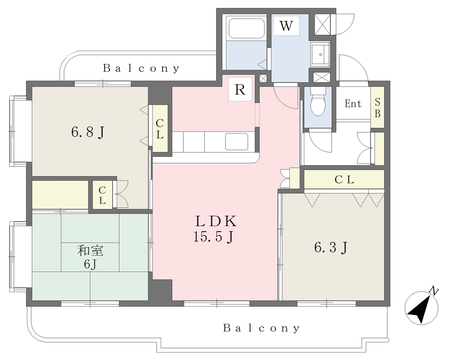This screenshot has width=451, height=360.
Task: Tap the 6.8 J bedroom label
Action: pos(88,132)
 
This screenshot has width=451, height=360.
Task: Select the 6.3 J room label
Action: pos(331,247)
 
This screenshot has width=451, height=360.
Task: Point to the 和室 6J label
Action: pos(90,257)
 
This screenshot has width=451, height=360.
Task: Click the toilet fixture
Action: pos(318,101)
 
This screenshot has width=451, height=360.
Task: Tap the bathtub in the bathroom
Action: pos(245,28)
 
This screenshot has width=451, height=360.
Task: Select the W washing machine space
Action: pos(286,26)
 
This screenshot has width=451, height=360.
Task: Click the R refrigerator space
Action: pos(240,89)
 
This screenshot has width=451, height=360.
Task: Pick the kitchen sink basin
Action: pos(237,141)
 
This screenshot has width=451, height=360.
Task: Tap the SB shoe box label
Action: pos(377,108)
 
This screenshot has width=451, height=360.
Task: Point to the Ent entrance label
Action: pos(353,103)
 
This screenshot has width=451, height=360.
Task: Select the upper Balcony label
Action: pos(141,68)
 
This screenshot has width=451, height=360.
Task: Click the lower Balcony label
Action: pos(262,328)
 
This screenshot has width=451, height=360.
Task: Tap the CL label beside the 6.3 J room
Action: pos(344,180)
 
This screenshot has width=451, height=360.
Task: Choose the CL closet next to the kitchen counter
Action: pos(160,129)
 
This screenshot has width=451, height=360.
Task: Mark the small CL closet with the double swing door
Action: pos(102,195)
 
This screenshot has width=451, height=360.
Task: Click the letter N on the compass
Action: pos(434,291)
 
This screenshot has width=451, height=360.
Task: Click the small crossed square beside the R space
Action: pos(263,78)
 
